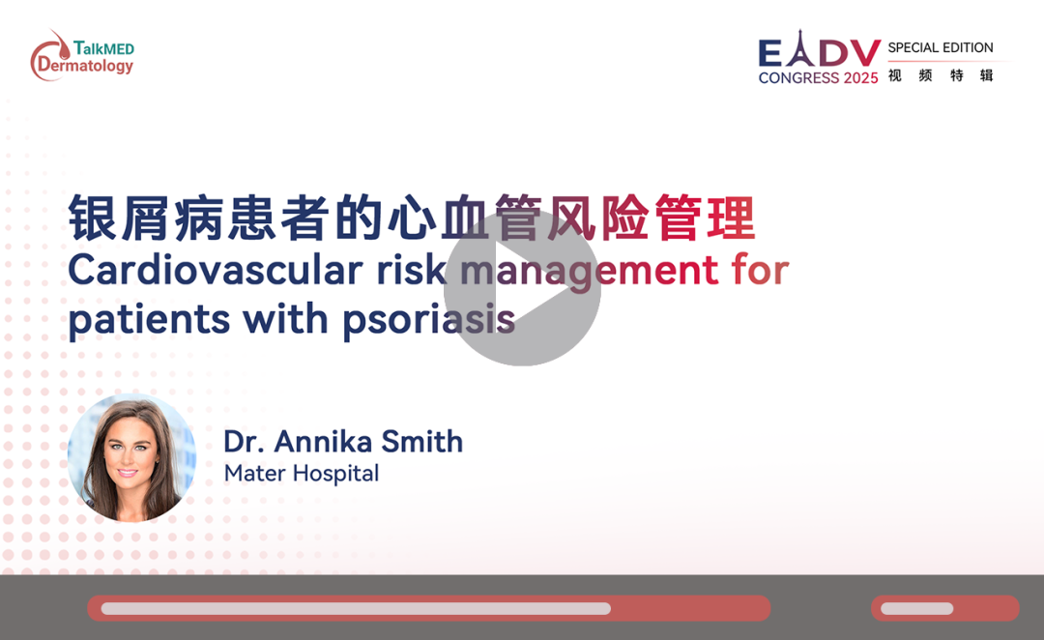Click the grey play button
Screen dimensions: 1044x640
tap(522, 288)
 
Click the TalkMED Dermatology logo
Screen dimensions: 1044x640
tap(82, 55)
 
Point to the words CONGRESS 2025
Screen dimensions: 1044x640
tap(819, 78)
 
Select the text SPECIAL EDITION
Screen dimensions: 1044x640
tap(941, 48)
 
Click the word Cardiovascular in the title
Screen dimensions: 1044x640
tap(216, 271)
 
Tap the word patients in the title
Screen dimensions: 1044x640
tap(149, 320)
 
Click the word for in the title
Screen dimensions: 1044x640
tap(761, 270)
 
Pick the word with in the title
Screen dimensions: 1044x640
tap(285, 318)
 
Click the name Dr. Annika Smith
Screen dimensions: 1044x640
tap(343, 442)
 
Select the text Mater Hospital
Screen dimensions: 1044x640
tap(302, 474)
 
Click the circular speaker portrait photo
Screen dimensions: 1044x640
tap(131, 457)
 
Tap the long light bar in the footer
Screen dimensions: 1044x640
tap(356, 608)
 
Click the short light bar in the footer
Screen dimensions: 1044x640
tap(916, 608)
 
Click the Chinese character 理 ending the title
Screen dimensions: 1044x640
tap(731, 218)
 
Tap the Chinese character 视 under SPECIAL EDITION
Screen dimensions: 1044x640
tap(895, 75)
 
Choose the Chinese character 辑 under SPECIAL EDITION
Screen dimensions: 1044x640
tap(986, 75)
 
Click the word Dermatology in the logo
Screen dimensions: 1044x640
tap(86, 66)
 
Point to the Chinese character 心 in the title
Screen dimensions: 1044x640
tap(412, 218)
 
